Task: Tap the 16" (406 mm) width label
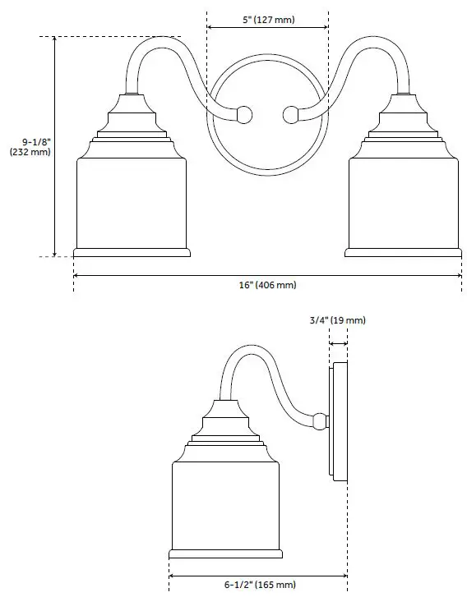click(x=267, y=285)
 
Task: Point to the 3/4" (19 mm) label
click(x=338, y=319)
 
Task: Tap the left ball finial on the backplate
click(x=243, y=114)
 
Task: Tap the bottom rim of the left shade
click(x=132, y=251)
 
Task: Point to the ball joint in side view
click(x=319, y=422)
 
